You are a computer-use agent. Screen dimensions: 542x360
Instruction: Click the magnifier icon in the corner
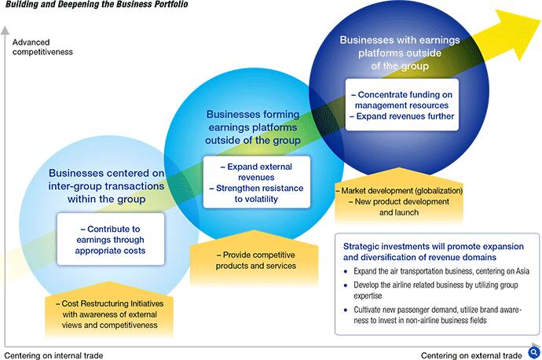click(x=534, y=353)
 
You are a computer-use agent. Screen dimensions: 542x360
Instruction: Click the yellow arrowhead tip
click(x=540, y=21)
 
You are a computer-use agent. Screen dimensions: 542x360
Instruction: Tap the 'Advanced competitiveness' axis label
click(x=42, y=47)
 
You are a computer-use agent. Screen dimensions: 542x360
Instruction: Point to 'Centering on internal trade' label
click(x=53, y=355)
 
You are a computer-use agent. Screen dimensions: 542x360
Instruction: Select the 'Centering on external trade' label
click(x=471, y=355)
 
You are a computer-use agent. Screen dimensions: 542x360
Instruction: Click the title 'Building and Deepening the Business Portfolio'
click(x=97, y=4)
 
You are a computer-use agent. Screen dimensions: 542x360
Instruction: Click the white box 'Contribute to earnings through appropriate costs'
click(x=111, y=239)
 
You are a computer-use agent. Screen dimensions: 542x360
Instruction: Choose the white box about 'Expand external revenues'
click(x=257, y=182)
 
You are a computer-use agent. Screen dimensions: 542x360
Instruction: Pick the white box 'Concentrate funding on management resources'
click(x=402, y=105)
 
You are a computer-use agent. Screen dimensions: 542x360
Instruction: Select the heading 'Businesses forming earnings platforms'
click(x=253, y=127)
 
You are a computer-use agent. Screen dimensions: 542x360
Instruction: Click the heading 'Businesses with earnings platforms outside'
click(x=400, y=53)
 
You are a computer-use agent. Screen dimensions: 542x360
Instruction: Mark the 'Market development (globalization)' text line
click(x=399, y=190)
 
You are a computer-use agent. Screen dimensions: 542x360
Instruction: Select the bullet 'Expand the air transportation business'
click(x=437, y=271)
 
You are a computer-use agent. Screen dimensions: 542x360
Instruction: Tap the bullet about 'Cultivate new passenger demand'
click(x=433, y=314)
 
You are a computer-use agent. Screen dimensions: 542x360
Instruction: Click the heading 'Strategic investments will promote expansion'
click(x=434, y=252)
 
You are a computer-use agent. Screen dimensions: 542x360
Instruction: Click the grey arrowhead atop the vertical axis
click(x=5, y=30)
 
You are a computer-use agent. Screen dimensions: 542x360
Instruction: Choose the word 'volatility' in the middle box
click(x=256, y=199)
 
